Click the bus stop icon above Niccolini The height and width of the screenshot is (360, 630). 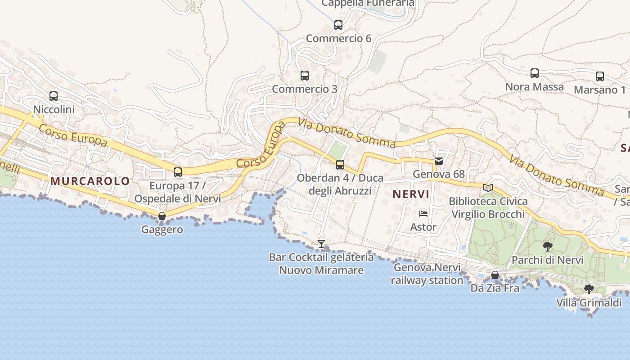pyautogui.click(x=54, y=96)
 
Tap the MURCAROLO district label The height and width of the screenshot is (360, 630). pyautogui.click(x=90, y=181)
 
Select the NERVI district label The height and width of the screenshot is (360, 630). pyautogui.click(x=411, y=194)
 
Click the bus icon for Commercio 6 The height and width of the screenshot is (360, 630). pyautogui.click(x=338, y=25)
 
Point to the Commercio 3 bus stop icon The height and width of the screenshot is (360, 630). pyautogui.click(x=305, y=75)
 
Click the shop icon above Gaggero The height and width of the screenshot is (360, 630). pyautogui.click(x=162, y=216)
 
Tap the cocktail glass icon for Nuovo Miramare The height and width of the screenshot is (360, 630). pyautogui.click(x=321, y=244)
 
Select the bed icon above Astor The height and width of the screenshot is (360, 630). pyautogui.click(x=423, y=213)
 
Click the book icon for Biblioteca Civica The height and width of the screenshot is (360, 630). pyautogui.click(x=488, y=188)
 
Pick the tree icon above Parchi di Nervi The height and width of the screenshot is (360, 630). pyautogui.click(x=548, y=246)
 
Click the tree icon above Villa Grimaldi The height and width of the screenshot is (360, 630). pyautogui.click(x=589, y=289)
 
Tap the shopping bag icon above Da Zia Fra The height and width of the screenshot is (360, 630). pyautogui.click(x=495, y=274)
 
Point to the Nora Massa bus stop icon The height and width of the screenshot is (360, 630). pyautogui.click(x=535, y=73)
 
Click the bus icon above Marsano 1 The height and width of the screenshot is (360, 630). pyautogui.click(x=600, y=76)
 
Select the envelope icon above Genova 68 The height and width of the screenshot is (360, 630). pyautogui.click(x=439, y=161)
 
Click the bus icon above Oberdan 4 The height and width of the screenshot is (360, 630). pyautogui.click(x=340, y=164)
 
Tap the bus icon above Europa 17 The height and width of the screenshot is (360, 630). pyautogui.click(x=178, y=172)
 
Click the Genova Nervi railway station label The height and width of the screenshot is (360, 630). pyautogui.click(x=427, y=274)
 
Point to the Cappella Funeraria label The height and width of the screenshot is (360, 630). pyautogui.click(x=368, y=3)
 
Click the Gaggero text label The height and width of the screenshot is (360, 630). pyautogui.click(x=162, y=229)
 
